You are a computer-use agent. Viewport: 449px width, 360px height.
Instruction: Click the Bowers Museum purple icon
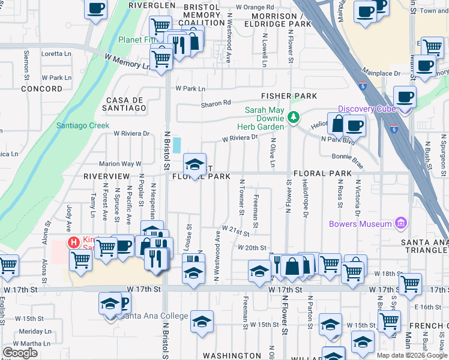pos(401,224)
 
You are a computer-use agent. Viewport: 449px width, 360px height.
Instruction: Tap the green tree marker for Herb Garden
pos(293,118)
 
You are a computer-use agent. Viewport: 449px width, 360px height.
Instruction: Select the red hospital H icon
pos(73,242)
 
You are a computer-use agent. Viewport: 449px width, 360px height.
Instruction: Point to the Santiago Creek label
pos(83,125)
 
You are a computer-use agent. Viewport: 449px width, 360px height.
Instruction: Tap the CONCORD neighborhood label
pos(41,88)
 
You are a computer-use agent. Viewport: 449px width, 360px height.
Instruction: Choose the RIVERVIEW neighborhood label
pos(107,176)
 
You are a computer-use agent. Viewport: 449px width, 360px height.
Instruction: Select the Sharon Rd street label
pos(216,103)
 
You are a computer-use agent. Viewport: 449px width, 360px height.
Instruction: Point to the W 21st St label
pos(235,229)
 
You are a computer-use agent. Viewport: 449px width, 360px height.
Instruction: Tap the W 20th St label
pos(252,247)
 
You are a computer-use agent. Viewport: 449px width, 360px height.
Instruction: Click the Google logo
pos(20,352)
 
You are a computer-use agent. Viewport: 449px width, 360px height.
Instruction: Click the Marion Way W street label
pos(120,163)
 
